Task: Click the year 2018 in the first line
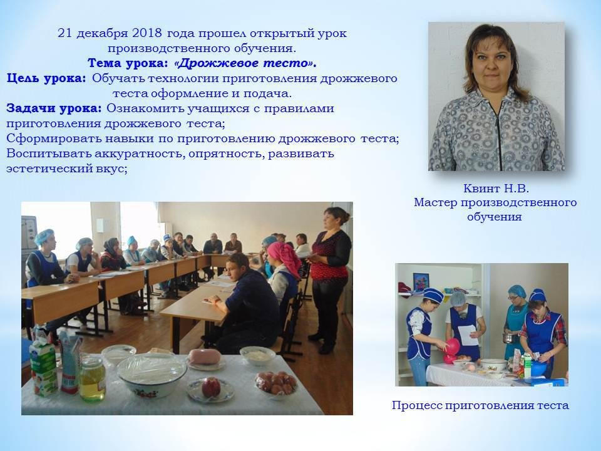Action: [x=147, y=33]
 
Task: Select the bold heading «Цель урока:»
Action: [x=46, y=79]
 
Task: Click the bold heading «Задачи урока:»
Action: [x=54, y=108]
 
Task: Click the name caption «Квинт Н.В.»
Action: [x=496, y=189]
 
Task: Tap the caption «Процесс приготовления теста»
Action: [x=480, y=405]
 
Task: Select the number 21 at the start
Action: [x=64, y=33]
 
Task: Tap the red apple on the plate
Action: [x=210, y=387]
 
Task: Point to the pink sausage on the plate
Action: [x=204, y=356]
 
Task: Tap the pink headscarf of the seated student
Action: [x=284, y=257]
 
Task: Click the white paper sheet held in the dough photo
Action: [x=468, y=334]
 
